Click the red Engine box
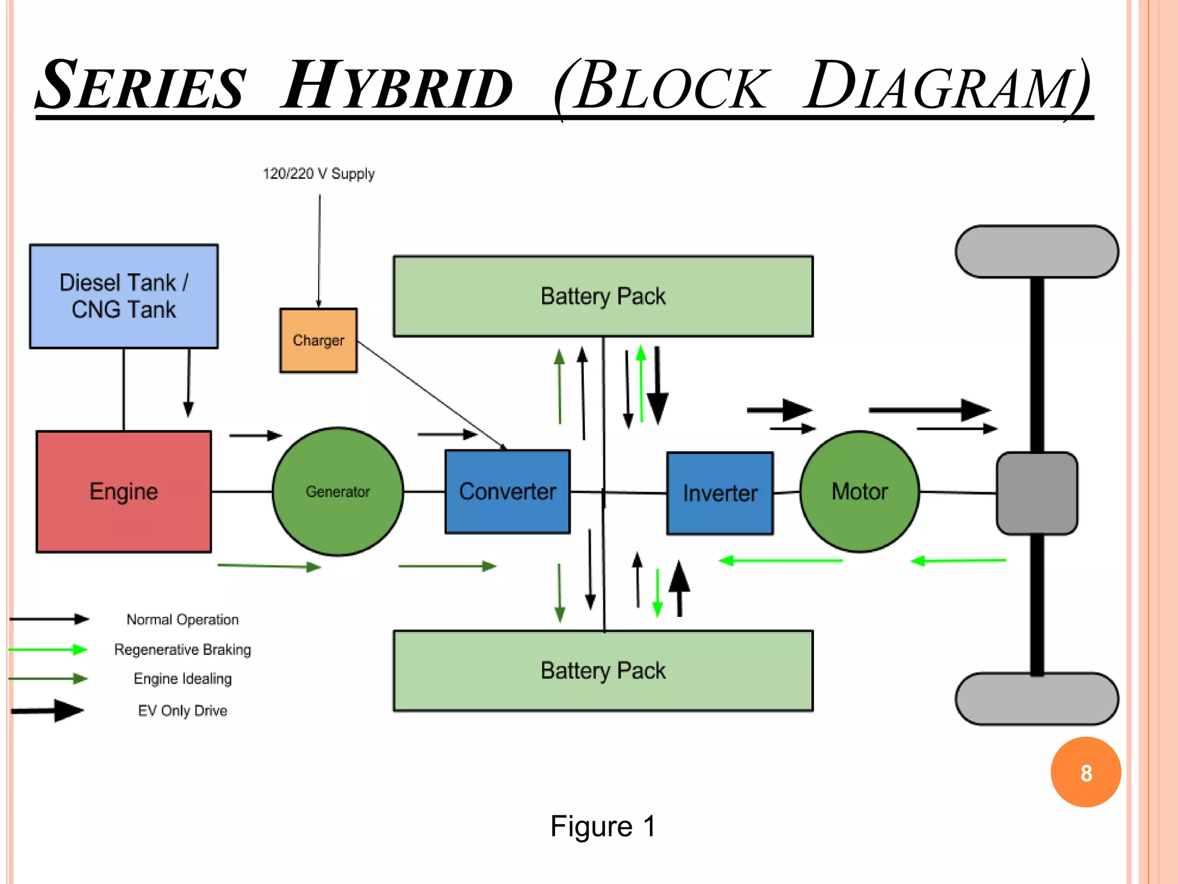(124, 491)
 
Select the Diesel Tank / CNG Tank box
(124, 296)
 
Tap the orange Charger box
(318, 340)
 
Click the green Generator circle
(338, 491)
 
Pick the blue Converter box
(507, 491)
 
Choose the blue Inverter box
(720, 493)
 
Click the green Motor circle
(859, 491)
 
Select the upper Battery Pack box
(603, 296)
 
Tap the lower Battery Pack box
(603, 671)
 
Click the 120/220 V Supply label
(319, 174)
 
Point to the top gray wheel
(1037, 252)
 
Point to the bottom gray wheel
(1037, 699)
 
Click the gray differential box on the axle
(1037, 493)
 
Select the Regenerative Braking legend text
(182, 650)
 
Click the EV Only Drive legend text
(182, 711)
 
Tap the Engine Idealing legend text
(182, 679)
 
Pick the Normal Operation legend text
(182, 620)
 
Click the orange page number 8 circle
(1085, 772)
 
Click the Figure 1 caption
(603, 826)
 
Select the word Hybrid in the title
(397, 86)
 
